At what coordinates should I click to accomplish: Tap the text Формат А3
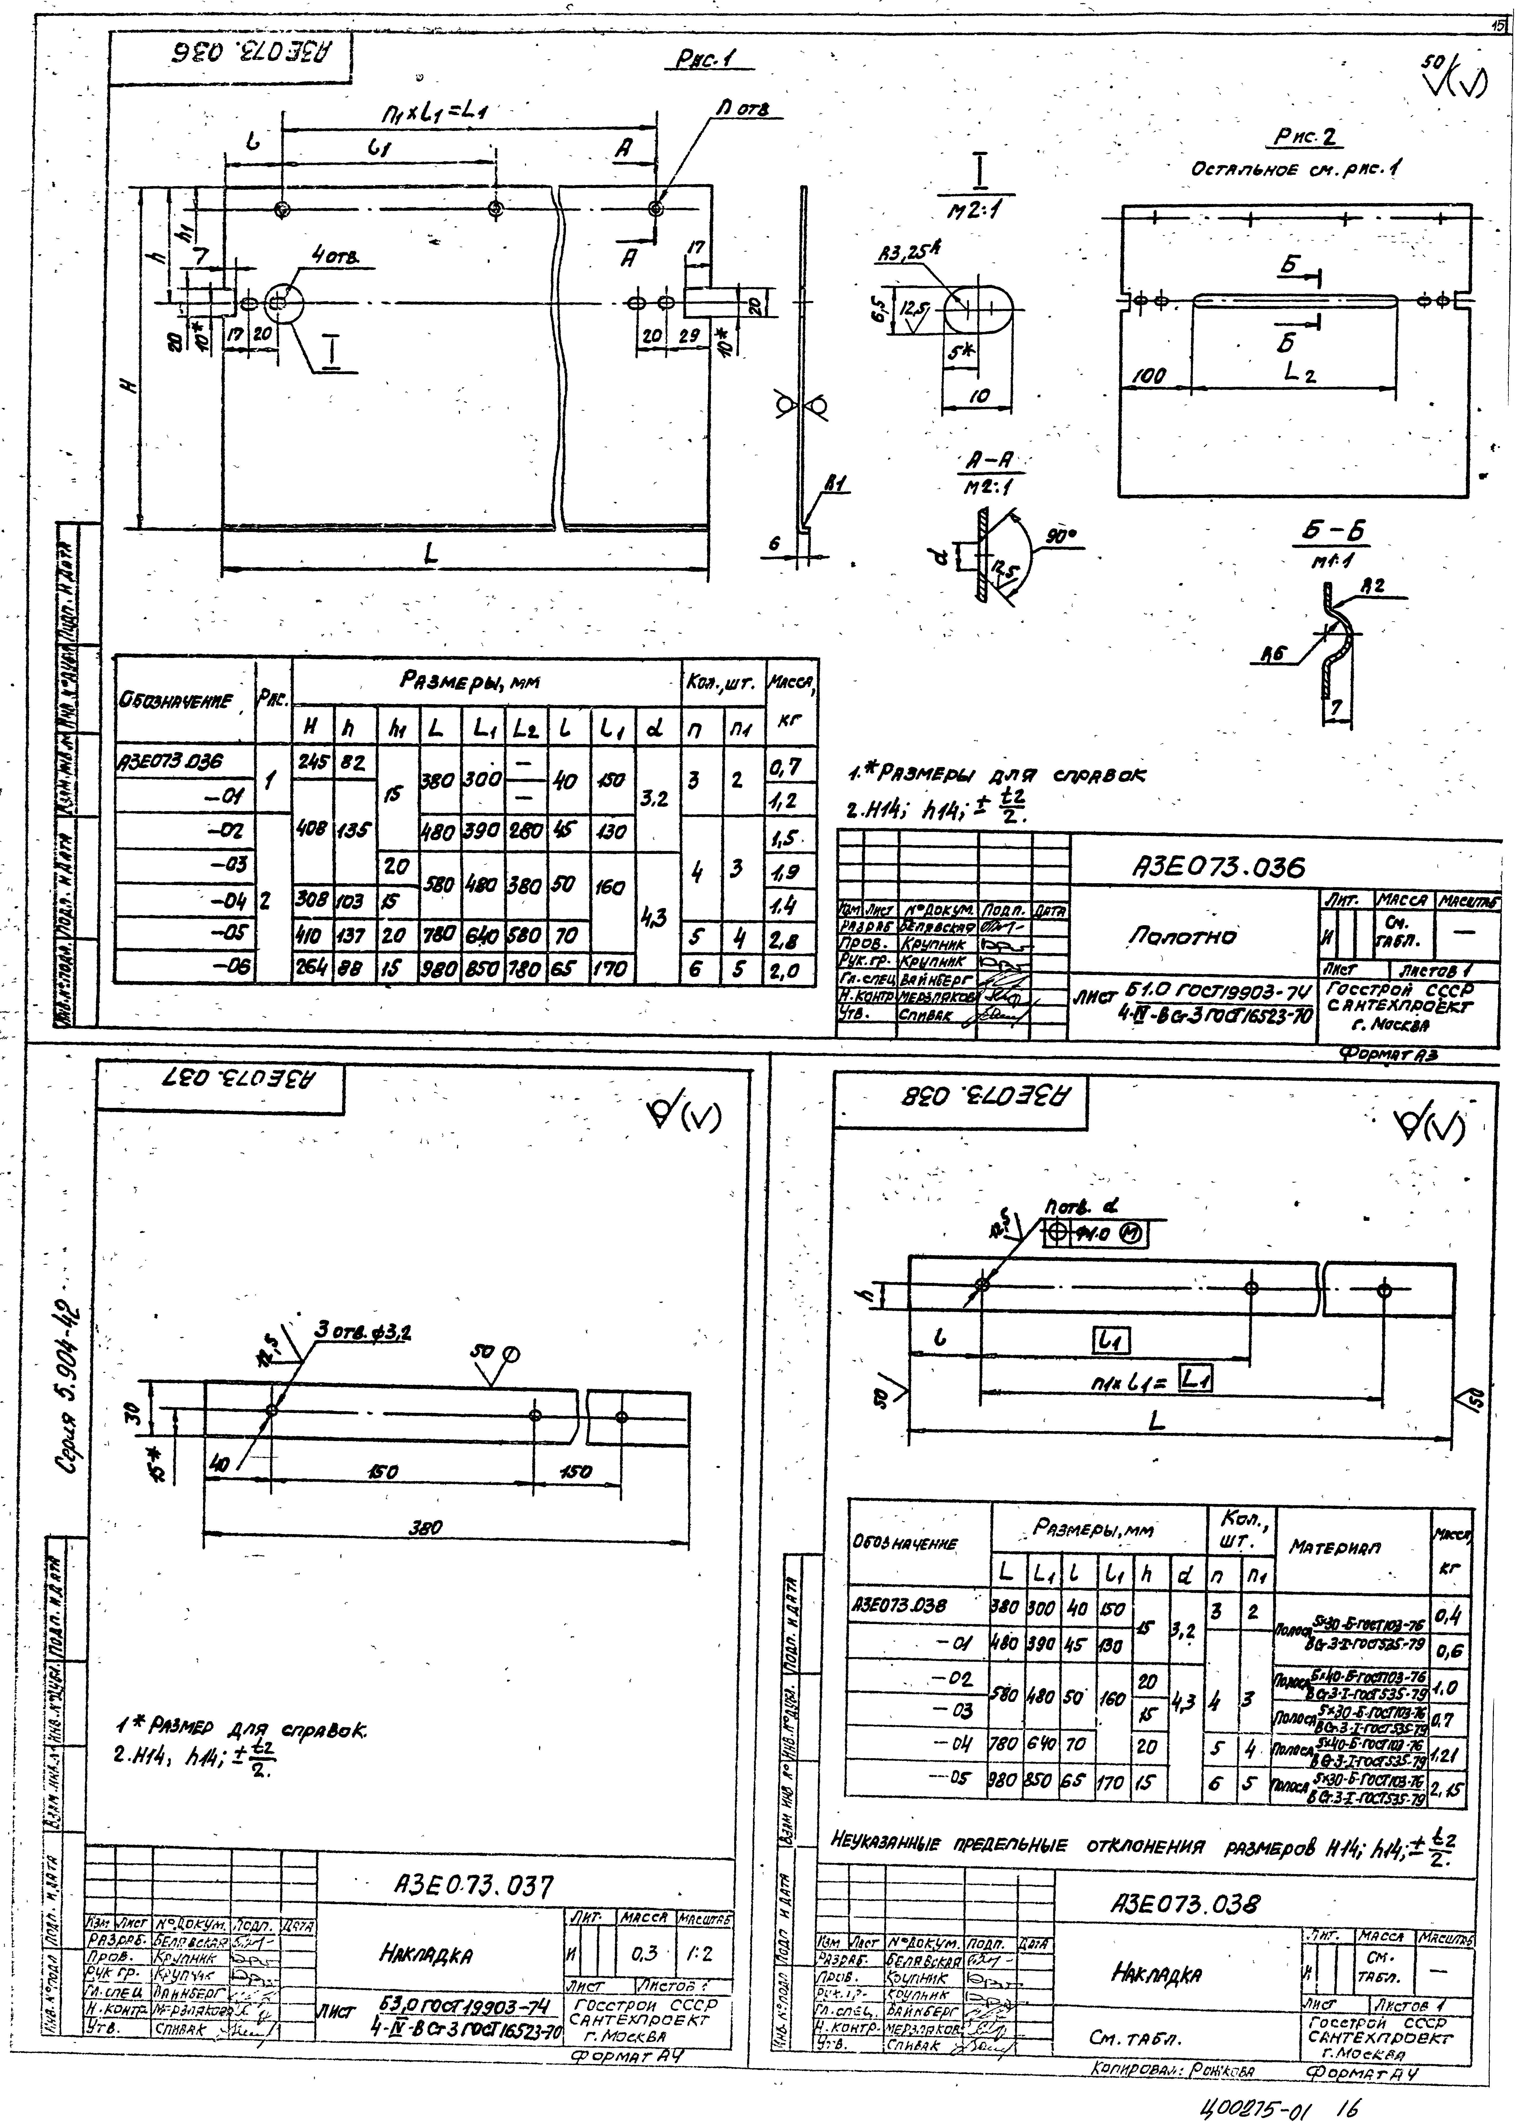click(x=1387, y=1055)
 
